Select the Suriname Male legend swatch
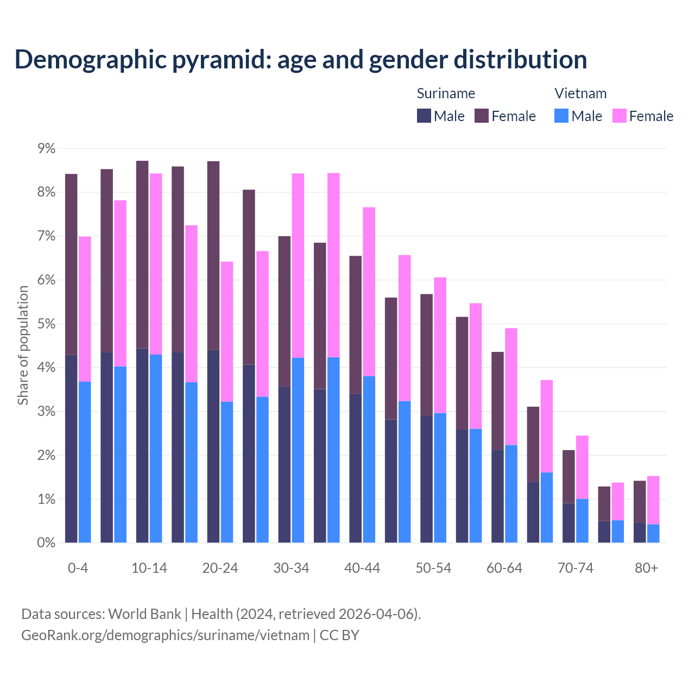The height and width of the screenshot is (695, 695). point(424,116)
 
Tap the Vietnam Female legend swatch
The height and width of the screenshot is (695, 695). point(620,116)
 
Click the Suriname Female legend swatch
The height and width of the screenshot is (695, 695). point(482,116)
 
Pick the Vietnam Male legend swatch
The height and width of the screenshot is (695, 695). point(561,116)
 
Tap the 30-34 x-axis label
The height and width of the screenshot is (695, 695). point(291,568)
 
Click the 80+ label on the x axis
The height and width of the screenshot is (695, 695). point(646,568)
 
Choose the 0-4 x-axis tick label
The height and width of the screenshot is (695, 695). point(78,568)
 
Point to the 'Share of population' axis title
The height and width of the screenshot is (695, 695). point(23,345)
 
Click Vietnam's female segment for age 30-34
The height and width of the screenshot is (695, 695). point(298,266)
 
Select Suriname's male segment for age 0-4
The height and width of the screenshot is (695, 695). point(71,448)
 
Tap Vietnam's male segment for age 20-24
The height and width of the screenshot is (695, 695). point(227,472)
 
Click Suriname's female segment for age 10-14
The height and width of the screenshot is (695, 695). point(142,255)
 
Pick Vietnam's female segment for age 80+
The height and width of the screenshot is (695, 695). point(653,500)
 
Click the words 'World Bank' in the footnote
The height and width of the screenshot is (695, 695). point(144,614)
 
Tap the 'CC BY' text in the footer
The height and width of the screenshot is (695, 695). point(339,635)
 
